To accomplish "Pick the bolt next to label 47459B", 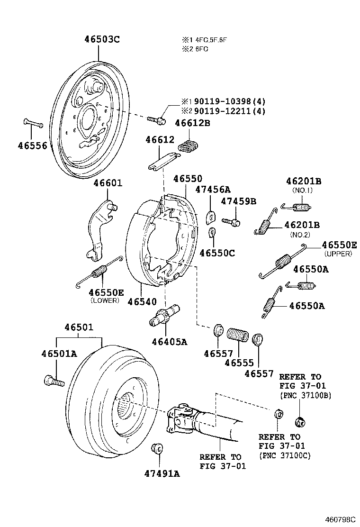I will [231, 221].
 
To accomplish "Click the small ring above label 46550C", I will [213, 232].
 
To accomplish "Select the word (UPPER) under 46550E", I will [338, 254].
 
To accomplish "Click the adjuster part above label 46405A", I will [164, 316].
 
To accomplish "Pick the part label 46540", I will [142, 301].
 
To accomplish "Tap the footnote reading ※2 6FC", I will [192, 49].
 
